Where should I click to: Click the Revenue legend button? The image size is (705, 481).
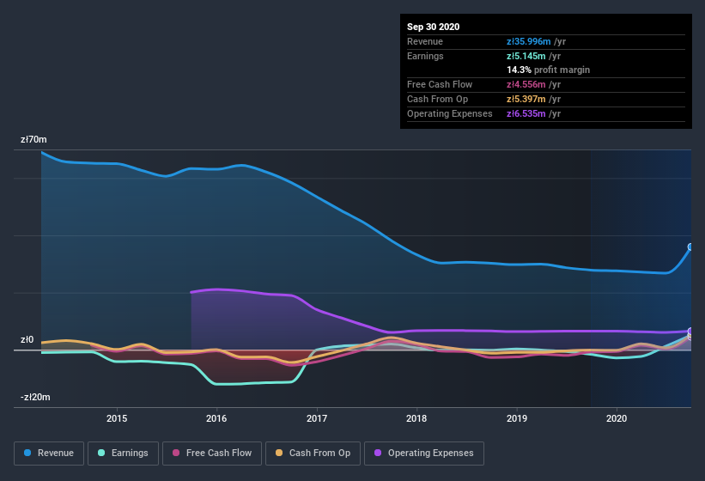48,453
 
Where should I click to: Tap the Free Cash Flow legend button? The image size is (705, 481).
211,453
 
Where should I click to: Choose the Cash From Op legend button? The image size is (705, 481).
313,453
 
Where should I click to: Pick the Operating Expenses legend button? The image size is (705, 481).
423,453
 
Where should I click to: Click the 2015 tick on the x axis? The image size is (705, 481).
117,418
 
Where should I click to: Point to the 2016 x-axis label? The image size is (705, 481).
216,418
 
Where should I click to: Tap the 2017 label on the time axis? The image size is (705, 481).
317,418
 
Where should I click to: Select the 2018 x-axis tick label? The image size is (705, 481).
416,418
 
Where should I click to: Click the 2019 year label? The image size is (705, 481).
517,418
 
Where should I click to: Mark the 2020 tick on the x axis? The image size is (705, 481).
617,418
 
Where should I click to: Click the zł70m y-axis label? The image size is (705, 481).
33,139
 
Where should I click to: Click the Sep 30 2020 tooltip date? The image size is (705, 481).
433,27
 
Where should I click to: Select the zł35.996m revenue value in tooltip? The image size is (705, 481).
536,41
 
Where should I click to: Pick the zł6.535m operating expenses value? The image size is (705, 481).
533,113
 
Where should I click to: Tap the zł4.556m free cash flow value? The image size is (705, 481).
533,84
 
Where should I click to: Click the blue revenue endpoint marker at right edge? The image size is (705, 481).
690,247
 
